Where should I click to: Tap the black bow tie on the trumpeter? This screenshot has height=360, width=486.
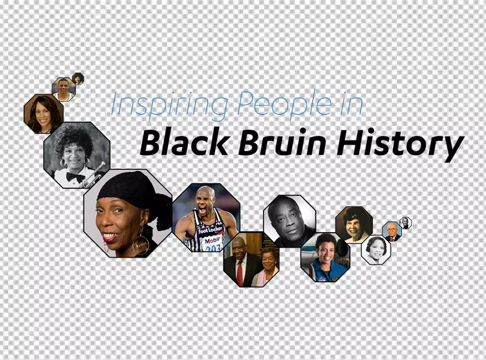(x=75, y=177)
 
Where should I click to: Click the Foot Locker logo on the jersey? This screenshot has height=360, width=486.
(x=210, y=230)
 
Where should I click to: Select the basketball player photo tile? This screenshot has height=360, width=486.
(x=63, y=89)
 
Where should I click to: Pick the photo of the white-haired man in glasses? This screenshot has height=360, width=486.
(x=391, y=231)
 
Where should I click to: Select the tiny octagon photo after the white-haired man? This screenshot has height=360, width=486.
(x=405, y=223)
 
